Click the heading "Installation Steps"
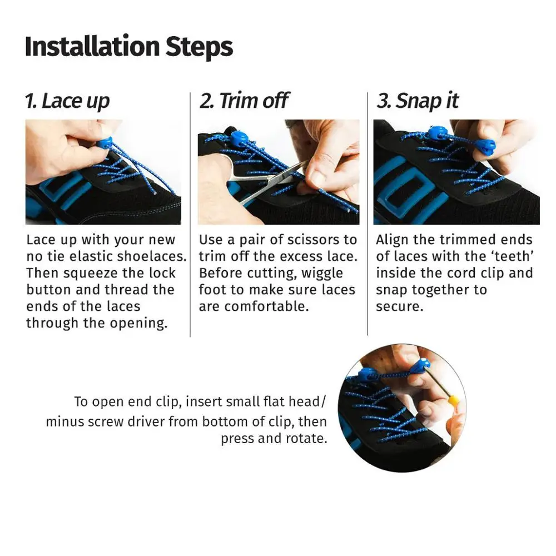[x=128, y=47]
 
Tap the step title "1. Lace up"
[x=67, y=101]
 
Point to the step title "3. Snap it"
[x=418, y=101]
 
